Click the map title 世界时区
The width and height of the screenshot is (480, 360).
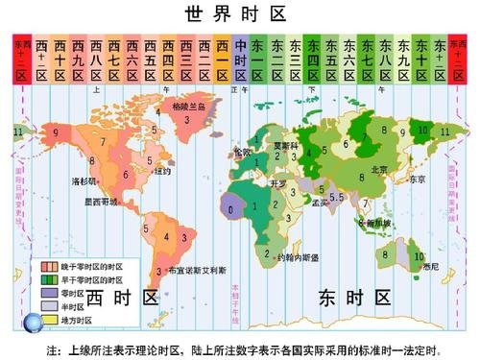point(240,13)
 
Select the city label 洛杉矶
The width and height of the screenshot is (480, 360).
point(84,180)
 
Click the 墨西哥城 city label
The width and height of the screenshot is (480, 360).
point(100,202)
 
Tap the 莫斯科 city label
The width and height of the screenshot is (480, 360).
point(286,145)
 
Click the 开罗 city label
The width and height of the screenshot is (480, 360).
point(279,182)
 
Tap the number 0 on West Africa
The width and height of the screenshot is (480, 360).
point(230,206)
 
